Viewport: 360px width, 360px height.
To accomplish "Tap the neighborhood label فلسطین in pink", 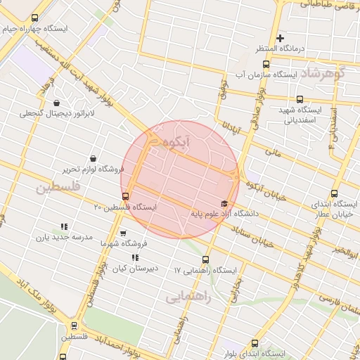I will click(59, 188).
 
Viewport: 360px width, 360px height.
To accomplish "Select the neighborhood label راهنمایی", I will click(188, 297).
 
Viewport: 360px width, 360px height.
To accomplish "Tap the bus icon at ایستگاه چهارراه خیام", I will click(36, 18).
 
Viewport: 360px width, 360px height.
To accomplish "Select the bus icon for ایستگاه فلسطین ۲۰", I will click(126, 196).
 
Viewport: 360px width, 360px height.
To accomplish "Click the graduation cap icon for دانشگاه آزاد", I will click(224, 203).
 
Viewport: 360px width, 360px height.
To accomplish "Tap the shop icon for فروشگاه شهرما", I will click(124, 233).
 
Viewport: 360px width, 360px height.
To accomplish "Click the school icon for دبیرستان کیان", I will click(135, 257).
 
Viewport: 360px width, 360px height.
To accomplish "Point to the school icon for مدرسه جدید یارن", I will click(63, 226).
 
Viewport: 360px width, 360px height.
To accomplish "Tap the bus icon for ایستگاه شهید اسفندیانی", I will click(300, 99).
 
